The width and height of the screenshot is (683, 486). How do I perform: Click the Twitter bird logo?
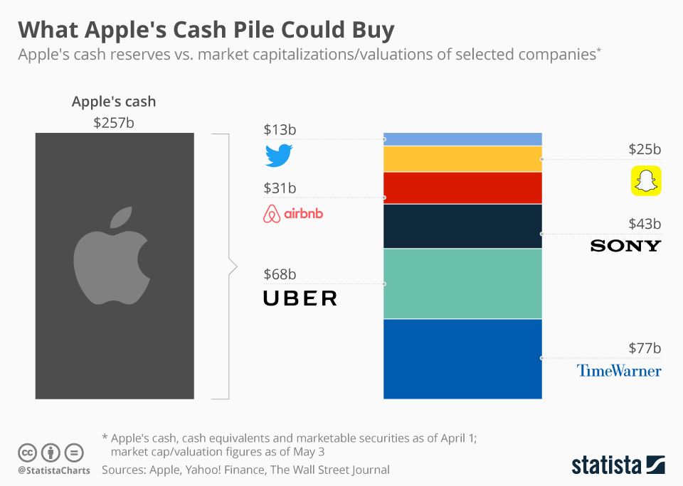pyautogui.click(x=279, y=156)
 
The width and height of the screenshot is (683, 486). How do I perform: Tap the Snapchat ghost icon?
pyautogui.click(x=646, y=180)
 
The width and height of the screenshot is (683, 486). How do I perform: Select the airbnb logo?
pyautogui.click(x=293, y=213)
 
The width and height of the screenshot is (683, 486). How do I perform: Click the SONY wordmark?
pyautogui.click(x=625, y=246)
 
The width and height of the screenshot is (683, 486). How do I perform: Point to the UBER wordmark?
pyautogui.click(x=300, y=298)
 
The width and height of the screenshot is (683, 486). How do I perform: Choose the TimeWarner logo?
pyautogui.click(x=618, y=370)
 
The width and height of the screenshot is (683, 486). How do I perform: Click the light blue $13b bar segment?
pyautogui.click(x=462, y=139)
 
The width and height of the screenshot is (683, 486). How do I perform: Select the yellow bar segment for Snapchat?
pyautogui.click(x=462, y=159)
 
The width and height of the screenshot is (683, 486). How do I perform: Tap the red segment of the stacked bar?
pyautogui.click(x=462, y=188)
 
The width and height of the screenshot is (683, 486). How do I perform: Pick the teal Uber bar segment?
pyautogui.click(x=462, y=283)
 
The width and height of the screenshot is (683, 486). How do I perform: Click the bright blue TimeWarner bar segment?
pyautogui.click(x=462, y=359)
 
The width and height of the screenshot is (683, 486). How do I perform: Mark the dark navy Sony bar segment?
pyautogui.click(x=462, y=226)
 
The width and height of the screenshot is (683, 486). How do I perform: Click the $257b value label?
pyautogui.click(x=114, y=122)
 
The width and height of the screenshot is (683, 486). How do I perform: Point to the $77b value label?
pyautogui.click(x=645, y=348)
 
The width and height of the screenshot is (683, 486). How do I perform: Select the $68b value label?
pyautogui.click(x=280, y=274)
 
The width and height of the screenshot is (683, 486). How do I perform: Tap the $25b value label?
pyautogui.click(x=645, y=149)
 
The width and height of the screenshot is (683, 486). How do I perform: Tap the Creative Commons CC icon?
pyautogui.click(x=28, y=452)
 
